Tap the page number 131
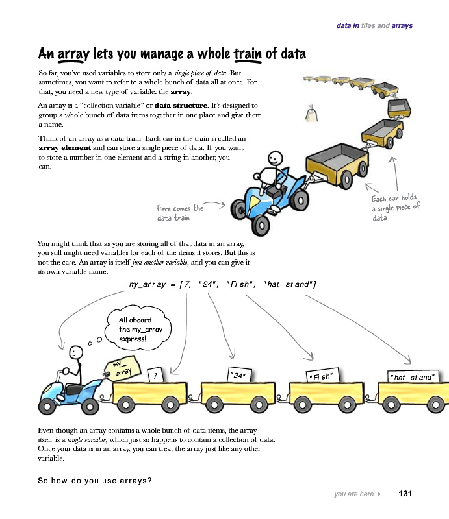coord(405,494)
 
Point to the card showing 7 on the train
coord(155,375)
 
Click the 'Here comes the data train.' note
coord(180,212)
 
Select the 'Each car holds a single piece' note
coord(395,208)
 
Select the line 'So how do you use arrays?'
coord(95,481)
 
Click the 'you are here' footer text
coord(353,494)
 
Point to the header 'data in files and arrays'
coord(374,26)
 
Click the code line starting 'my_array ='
coord(222,284)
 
